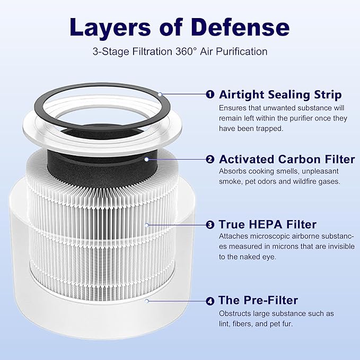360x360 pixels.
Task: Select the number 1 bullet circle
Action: click(210, 94)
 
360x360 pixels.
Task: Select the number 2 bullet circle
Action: click(210, 159)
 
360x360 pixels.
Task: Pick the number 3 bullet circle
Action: click(210, 225)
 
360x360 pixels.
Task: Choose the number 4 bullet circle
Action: click(210, 301)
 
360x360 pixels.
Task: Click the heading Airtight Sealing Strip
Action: click(280, 94)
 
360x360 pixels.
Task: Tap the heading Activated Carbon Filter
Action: click(287, 159)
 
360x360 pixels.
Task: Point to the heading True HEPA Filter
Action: click(267, 225)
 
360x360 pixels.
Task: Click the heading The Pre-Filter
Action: click(258, 301)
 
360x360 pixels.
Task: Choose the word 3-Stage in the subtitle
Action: click(107, 52)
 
